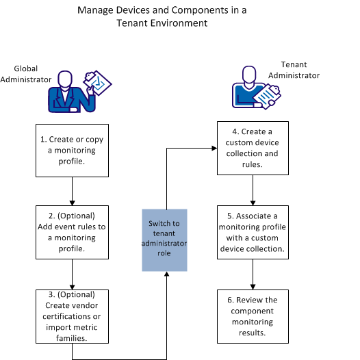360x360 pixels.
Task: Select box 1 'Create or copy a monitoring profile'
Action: pyautogui.click(x=72, y=150)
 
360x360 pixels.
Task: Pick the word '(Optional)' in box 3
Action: pyautogui.click(x=72, y=294)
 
